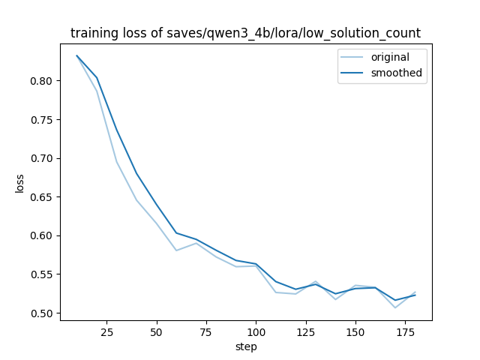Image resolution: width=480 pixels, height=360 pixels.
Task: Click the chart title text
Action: [245, 33]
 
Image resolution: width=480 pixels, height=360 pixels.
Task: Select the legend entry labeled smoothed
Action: [396, 73]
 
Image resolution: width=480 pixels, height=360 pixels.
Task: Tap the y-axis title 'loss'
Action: [20, 183]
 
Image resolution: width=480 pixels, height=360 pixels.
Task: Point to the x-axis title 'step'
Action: [245, 347]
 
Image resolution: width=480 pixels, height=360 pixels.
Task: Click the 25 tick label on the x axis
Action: [106, 331]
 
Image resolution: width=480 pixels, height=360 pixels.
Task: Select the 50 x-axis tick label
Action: [156, 331]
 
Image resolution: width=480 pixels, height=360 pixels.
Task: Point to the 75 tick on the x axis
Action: [206, 331]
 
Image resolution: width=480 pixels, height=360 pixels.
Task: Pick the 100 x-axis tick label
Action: [256, 331]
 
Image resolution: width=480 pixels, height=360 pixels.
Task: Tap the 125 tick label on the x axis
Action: [305, 331]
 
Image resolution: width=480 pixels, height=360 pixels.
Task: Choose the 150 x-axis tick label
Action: [355, 331]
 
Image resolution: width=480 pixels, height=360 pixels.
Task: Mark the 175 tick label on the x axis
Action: [405, 331]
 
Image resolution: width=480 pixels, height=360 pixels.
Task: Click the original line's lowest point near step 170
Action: [395, 307]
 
